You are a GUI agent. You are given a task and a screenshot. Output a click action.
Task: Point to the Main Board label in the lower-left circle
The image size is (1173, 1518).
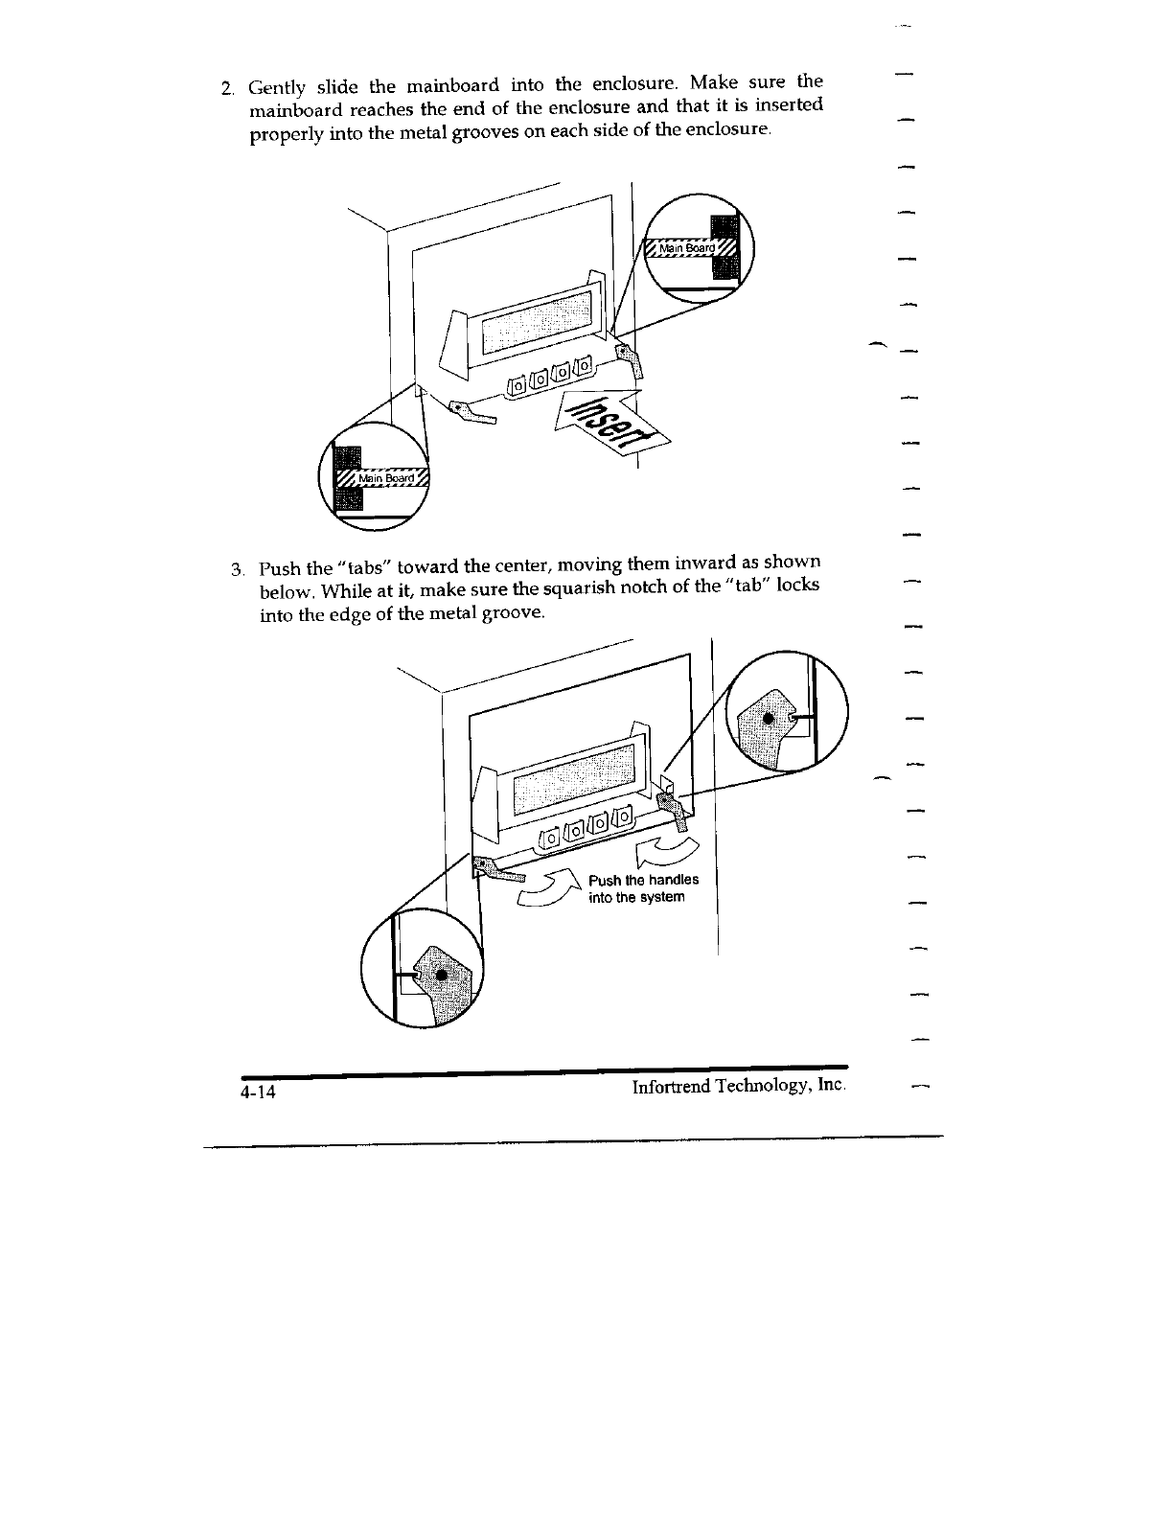coord(387,478)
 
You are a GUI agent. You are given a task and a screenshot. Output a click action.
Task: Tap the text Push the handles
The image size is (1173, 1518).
coord(643,880)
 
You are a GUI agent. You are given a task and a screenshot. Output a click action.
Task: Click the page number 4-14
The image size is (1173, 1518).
coord(258,1092)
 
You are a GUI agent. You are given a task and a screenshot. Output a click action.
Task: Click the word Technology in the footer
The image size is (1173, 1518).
coord(766,1087)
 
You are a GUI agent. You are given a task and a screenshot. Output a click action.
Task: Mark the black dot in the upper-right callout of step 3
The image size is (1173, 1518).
coord(768,719)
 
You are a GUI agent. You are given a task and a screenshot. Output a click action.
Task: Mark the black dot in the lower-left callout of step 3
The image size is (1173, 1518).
coord(441,975)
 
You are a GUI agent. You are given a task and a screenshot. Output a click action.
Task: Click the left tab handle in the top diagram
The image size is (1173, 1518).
coord(472,413)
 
